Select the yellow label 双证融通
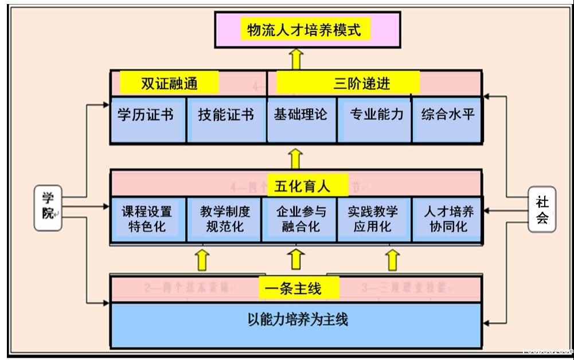click(169, 83)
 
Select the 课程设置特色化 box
click(147, 219)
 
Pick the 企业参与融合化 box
click(300, 219)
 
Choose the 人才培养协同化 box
click(448, 219)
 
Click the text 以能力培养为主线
click(296, 320)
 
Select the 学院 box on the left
click(48, 208)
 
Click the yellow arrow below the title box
click(296, 58)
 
